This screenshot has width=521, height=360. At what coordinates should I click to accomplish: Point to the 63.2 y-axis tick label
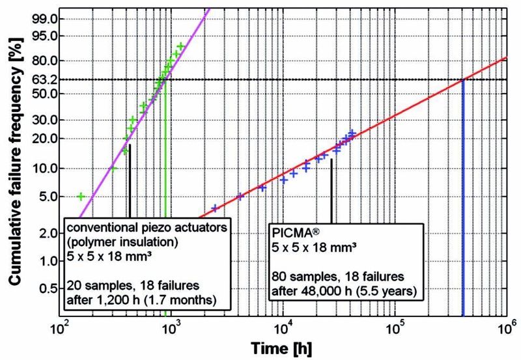44,79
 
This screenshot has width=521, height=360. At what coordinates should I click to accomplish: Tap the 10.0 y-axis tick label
44,168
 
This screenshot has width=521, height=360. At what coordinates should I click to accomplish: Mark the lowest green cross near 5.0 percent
81,196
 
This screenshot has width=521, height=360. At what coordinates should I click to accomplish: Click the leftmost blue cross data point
215,208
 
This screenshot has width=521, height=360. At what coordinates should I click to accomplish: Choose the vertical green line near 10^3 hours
165,195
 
